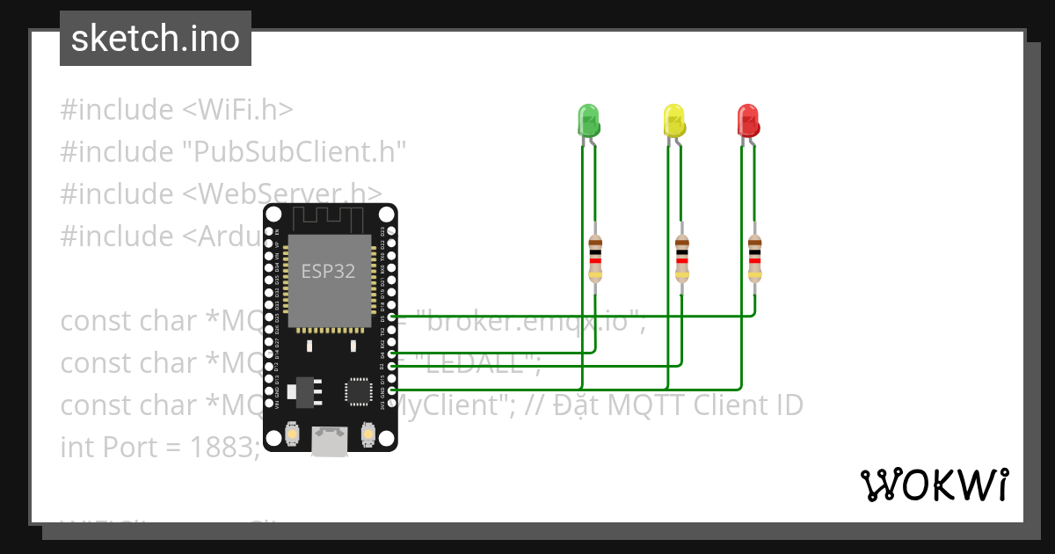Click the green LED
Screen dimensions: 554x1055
point(587,120)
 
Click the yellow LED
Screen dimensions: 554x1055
point(673,120)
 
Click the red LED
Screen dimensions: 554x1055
point(747,120)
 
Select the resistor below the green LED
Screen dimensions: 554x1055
point(595,258)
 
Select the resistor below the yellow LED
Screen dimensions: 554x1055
point(681,258)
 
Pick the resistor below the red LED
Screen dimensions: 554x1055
point(754,258)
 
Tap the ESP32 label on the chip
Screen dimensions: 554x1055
point(328,271)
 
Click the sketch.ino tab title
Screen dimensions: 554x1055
point(156,39)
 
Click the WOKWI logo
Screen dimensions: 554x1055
point(934,485)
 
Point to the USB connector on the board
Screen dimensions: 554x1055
point(330,441)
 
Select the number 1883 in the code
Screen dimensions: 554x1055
point(224,447)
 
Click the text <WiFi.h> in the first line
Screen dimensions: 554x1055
point(237,110)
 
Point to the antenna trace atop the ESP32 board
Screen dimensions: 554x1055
point(327,216)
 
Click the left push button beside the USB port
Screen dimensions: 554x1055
point(292,433)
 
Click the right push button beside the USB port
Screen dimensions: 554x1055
point(367,433)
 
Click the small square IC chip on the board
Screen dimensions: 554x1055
point(358,390)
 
